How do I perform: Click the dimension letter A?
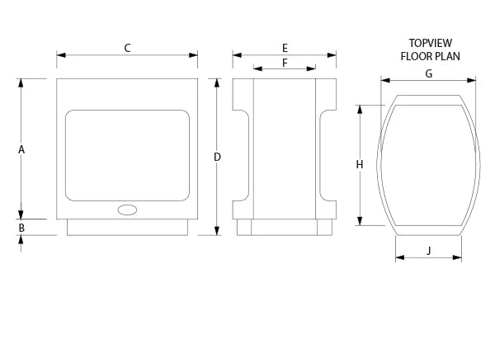(21, 149)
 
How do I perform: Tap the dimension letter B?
(21, 228)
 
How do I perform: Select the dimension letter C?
(127, 49)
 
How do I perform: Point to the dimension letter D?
(217, 157)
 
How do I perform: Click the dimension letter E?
(285, 49)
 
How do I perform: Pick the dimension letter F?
(285, 63)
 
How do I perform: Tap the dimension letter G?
(429, 74)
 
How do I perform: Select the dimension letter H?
(360, 164)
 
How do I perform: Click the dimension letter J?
(429, 251)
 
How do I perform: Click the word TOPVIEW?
(431, 43)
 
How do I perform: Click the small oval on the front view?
(127, 210)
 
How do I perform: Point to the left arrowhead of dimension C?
(61, 55)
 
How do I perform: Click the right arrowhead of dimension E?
(332, 55)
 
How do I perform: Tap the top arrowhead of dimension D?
(216, 82)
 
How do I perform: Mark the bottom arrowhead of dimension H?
(360, 221)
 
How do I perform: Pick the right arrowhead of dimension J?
(457, 257)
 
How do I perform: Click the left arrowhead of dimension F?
(257, 68)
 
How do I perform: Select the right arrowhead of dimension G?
(471, 81)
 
